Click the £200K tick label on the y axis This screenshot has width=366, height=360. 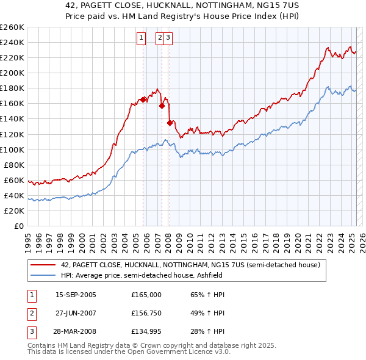click(x=12, y=73)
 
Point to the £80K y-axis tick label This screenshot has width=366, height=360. click(x=14, y=165)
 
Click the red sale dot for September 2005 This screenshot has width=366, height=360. click(x=143, y=99)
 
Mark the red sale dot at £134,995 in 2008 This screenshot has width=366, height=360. click(x=169, y=123)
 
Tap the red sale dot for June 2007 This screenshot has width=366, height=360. click(x=162, y=106)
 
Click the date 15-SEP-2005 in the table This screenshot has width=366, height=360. click(x=76, y=295)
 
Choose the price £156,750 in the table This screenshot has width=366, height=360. click(x=146, y=314)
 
